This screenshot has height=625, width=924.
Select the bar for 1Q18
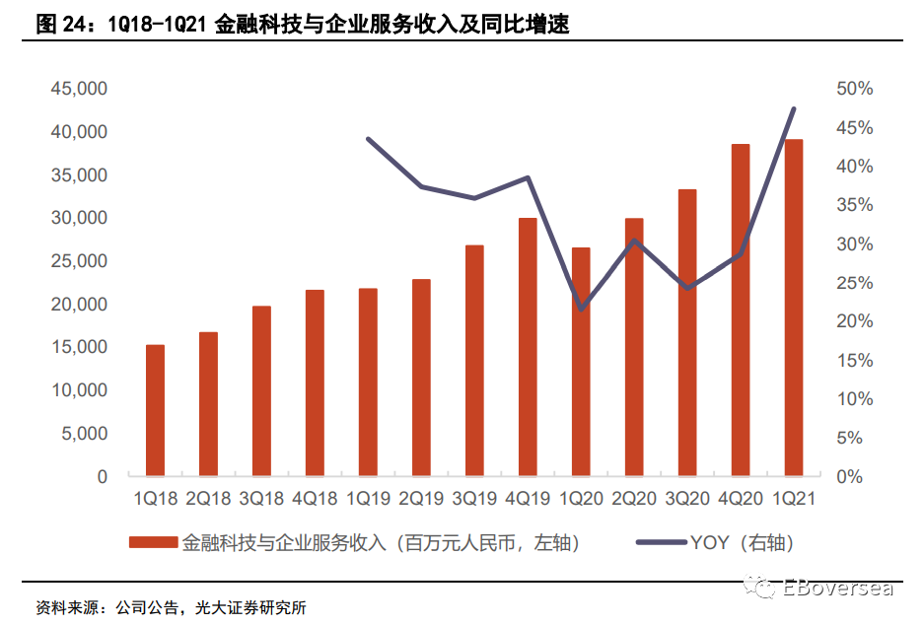[x=155, y=410]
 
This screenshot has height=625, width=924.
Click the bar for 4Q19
[x=528, y=347]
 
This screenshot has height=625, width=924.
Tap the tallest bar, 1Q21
[x=794, y=308]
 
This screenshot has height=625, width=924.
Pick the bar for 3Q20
[x=687, y=333]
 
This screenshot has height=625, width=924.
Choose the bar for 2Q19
[x=421, y=378]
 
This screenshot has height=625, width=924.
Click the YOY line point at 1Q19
[x=368, y=139]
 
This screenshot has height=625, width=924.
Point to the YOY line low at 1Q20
[x=582, y=309]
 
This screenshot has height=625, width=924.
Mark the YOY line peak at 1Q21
[x=794, y=109]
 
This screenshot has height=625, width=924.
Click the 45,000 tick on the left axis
[x=79, y=89]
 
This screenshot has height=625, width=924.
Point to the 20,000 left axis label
[x=79, y=305]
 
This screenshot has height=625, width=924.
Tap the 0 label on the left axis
[x=103, y=476]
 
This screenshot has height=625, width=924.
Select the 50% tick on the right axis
[x=854, y=89]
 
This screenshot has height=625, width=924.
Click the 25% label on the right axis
[x=854, y=283]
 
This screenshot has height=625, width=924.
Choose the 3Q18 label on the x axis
[x=261, y=499]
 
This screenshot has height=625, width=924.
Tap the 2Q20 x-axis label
[x=634, y=499]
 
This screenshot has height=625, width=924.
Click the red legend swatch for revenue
[x=153, y=542]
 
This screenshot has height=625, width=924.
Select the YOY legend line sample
[x=661, y=542]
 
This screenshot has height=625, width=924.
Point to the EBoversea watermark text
[x=837, y=588]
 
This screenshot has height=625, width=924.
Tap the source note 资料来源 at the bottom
[x=67, y=608]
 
